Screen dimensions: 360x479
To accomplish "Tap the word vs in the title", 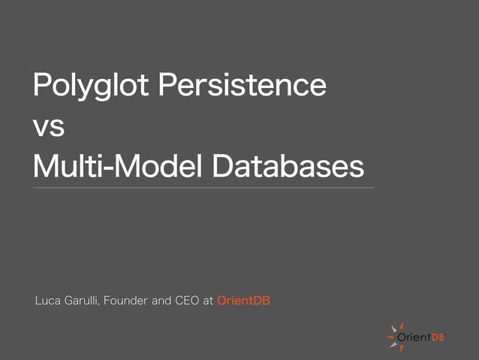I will pos(49,126).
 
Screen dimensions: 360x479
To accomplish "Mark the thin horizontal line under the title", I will pos(203,187).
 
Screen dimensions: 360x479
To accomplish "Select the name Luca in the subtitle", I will pos(47,301).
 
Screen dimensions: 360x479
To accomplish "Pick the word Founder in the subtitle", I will pos(128,301).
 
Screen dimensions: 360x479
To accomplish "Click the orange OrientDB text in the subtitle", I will pos(243,301).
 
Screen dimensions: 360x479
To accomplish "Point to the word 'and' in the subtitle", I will pos(164,301).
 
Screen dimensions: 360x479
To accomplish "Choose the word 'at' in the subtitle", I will pos(209,301).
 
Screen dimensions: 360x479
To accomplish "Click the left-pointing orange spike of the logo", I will pos(390,338).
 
